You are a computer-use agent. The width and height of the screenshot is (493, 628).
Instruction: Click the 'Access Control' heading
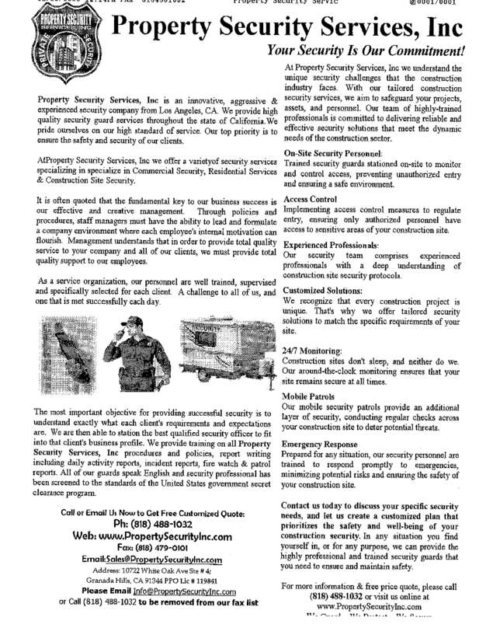point(311,198)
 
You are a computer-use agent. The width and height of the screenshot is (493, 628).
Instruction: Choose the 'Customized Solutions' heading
point(323,289)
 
